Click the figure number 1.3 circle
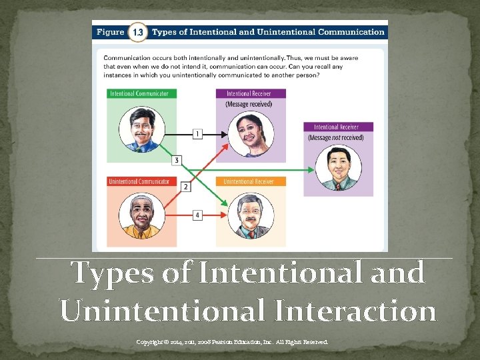point(137,31)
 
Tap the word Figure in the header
point(111,31)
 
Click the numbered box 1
point(197,135)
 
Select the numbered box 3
point(176,160)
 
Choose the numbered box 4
point(197,215)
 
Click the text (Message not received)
point(336,137)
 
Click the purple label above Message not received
point(338,127)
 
